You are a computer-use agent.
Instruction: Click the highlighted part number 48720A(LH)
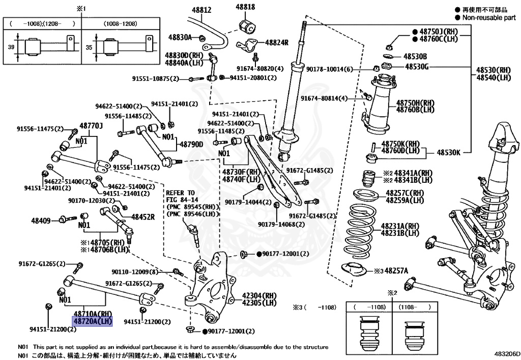coord(92,322)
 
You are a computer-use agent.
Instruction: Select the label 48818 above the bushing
coord(245,7)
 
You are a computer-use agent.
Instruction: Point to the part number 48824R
coord(276,42)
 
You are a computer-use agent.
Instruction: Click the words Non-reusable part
coord(488,17)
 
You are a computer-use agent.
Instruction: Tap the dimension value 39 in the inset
coord(12,47)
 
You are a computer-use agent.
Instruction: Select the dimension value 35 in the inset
coord(90,47)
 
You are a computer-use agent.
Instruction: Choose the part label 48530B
coord(415,56)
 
